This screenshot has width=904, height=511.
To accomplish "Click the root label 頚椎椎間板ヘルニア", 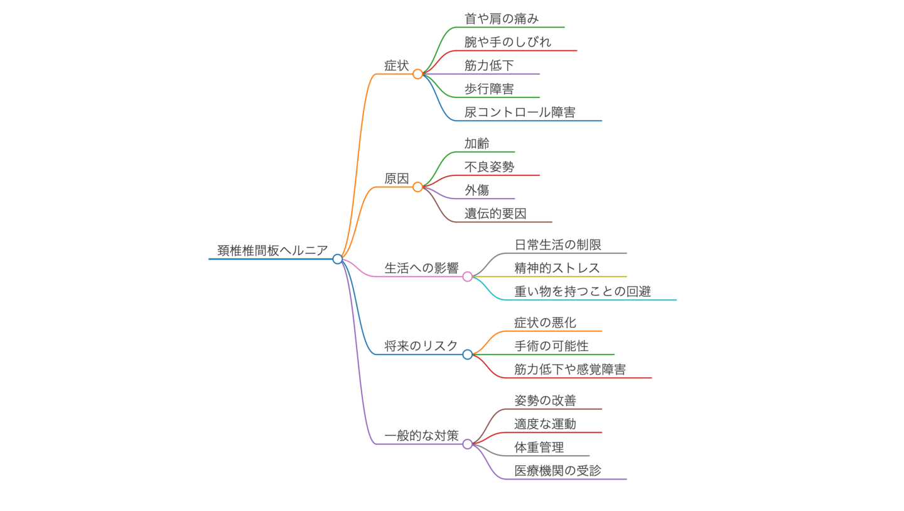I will tap(272, 251).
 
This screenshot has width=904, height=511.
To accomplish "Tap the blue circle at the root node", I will tap(338, 259).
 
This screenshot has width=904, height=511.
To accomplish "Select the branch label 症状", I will tap(397, 65).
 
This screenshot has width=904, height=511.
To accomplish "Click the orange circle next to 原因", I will tap(418, 187).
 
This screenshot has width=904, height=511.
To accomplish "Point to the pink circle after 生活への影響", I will tap(468, 277).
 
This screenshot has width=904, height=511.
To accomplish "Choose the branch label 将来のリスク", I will tap(421, 346).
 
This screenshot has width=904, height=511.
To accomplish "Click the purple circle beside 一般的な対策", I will tap(468, 444).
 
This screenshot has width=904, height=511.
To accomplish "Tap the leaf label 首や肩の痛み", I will tap(502, 19).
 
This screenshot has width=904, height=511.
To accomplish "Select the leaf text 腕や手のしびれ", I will tap(508, 42).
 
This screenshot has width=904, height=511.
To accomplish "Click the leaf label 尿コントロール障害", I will tap(520, 113).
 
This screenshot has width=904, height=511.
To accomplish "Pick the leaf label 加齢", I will tap(477, 143).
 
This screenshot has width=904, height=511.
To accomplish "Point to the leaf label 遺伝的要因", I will tap(495, 214).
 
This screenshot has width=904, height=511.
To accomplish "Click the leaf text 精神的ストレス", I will tap(557, 268).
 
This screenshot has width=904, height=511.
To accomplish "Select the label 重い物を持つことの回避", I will tap(583, 292).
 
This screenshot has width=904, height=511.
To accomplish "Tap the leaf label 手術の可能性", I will tap(551, 346).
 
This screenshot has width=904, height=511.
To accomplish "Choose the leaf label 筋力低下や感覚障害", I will tap(570, 370).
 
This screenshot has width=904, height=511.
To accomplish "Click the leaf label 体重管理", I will tap(539, 448).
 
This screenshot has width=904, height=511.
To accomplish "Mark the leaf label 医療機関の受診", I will tap(557, 471).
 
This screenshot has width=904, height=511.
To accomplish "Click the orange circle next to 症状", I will tap(418, 74).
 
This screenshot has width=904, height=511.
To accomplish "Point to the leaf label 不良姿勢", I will tap(489, 167).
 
